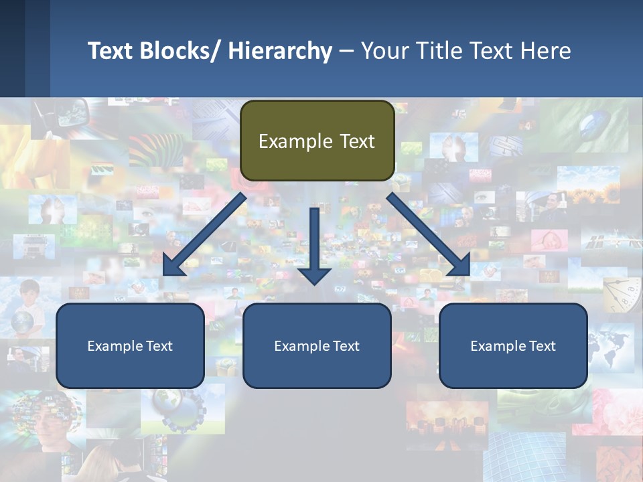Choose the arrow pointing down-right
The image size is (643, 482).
click(429, 234)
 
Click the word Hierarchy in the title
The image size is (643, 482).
click(280, 51)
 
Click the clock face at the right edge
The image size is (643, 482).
click(622, 295)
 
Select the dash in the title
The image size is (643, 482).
click(346, 51)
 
